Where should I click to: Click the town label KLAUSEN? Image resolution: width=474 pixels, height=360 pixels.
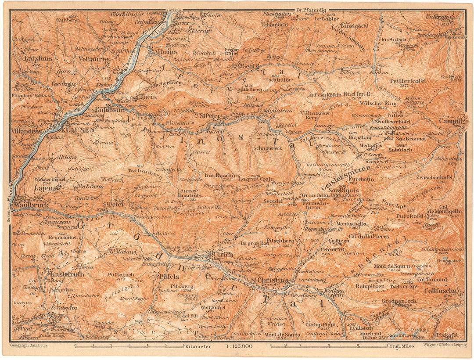[78, 130]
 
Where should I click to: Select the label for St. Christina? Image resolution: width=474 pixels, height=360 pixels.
[269, 281]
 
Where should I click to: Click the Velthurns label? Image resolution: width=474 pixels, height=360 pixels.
[91, 58]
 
